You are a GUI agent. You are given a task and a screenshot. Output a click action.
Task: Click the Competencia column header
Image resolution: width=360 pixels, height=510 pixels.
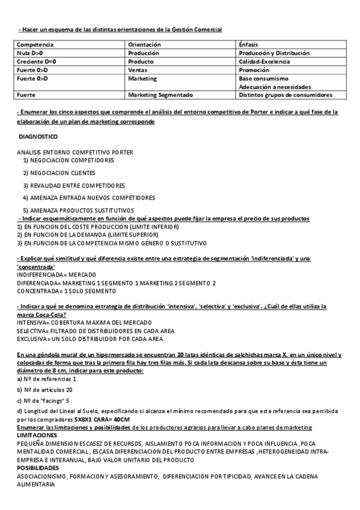click(35, 45)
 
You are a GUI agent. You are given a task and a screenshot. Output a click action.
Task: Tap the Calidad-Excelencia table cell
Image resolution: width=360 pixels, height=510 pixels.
click(264, 61)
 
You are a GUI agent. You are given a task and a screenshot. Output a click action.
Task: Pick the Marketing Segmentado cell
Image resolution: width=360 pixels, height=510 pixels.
click(160, 95)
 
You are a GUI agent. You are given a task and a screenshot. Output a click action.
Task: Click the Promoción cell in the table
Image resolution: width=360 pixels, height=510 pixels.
click(254, 70)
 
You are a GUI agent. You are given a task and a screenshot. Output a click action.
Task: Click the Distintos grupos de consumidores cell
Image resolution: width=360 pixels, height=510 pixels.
click(285, 95)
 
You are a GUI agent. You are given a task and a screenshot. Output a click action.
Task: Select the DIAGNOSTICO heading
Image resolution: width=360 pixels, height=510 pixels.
click(38, 137)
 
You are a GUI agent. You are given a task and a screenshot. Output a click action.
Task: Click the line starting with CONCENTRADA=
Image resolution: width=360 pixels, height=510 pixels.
click(58, 290)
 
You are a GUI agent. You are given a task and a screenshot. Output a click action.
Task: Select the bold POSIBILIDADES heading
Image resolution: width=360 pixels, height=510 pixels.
click(37, 467)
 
